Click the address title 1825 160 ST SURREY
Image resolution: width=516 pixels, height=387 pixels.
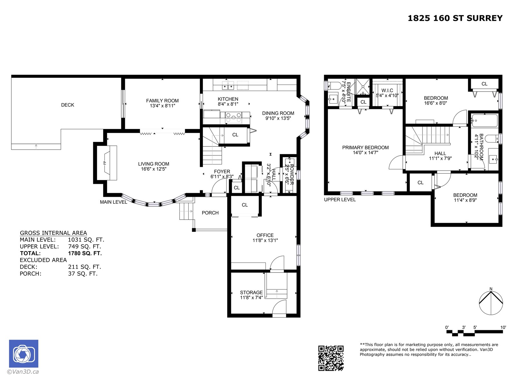point(455,18)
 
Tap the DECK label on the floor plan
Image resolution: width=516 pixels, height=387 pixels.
point(67,105)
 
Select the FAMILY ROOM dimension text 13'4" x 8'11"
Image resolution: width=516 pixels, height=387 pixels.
point(163,106)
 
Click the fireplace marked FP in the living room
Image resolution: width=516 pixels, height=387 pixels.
point(107,163)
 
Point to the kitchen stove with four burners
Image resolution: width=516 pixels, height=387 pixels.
point(233,117)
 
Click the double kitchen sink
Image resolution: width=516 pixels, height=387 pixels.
point(228,86)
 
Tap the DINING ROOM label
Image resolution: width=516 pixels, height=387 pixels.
point(278,113)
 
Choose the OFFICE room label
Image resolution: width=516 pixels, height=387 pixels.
point(265,235)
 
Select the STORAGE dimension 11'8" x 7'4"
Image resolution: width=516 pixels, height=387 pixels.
point(251,298)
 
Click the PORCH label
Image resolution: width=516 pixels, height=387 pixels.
point(210,213)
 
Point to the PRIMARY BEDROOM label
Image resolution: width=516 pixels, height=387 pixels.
point(365,148)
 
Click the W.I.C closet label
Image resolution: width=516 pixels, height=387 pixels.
point(387,91)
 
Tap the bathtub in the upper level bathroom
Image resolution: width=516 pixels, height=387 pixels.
point(484,121)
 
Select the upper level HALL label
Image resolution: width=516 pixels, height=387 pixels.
point(440,154)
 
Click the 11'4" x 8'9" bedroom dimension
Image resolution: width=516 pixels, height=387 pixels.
point(465,200)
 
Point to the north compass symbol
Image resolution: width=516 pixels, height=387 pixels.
point(491,303)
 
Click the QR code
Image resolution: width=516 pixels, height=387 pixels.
point(331,358)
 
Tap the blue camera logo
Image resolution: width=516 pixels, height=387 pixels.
point(24,354)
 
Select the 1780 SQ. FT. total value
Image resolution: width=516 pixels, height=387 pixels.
point(85,253)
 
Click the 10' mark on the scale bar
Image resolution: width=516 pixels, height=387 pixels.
point(503,328)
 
